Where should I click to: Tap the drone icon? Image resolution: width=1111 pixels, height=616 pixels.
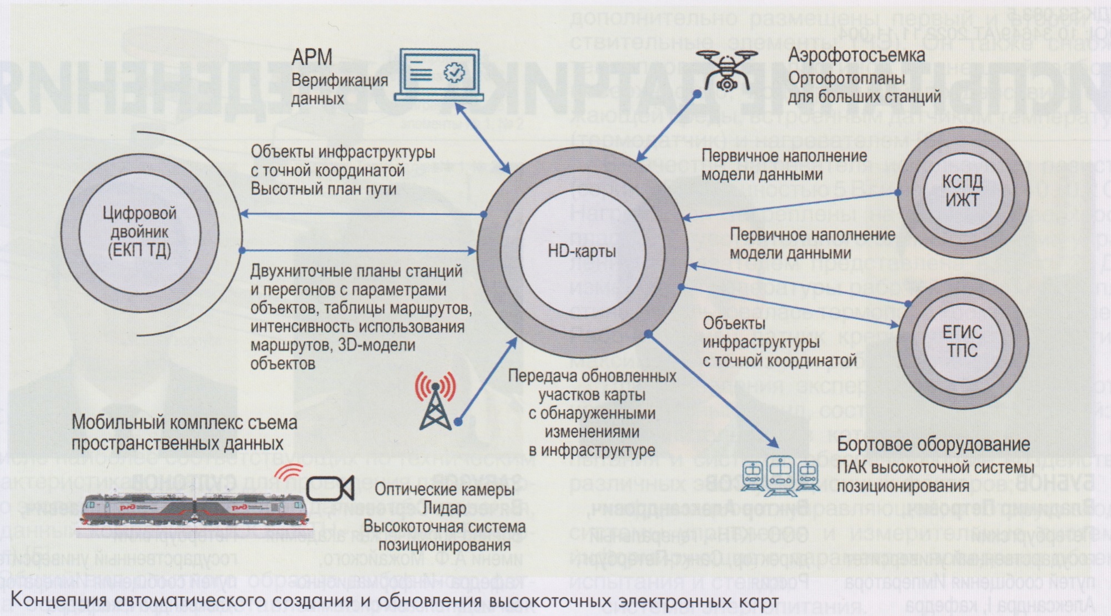pyautogui.click(x=726, y=69)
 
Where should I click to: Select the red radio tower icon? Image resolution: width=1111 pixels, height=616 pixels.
pyautogui.click(x=436, y=400)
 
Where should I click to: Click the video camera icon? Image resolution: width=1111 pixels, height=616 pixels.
pyautogui.click(x=331, y=488)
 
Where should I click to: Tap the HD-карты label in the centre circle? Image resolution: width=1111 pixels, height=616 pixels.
pyautogui.click(x=582, y=252)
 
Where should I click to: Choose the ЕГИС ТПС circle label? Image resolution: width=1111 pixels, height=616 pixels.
pyautogui.click(x=962, y=342)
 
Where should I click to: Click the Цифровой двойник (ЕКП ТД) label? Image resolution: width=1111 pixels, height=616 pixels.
pyautogui.click(x=139, y=232)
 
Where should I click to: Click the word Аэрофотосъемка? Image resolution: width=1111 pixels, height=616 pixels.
pyautogui.click(x=857, y=56)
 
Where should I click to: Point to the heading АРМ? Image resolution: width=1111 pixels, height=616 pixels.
pyautogui.click(x=312, y=57)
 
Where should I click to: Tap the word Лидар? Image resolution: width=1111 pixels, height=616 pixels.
pyautogui.click(x=444, y=508)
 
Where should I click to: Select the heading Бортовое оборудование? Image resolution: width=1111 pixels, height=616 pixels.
pyautogui.click(x=933, y=445)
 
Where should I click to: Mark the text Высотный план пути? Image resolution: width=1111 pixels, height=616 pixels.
pyautogui.click(x=323, y=189)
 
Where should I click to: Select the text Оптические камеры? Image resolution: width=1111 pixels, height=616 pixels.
pyautogui.click(x=444, y=489)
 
